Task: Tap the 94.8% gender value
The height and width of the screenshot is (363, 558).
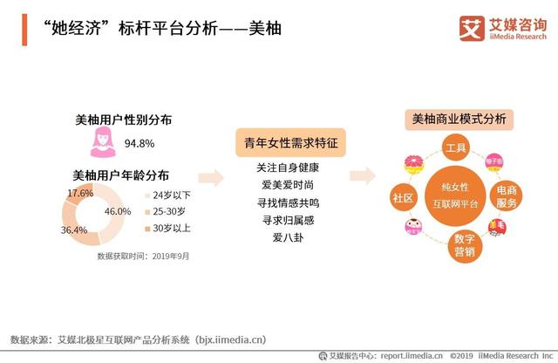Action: (x=139, y=143)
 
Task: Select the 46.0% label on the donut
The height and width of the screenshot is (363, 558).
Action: (x=118, y=212)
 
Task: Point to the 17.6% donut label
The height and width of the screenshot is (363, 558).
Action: (x=80, y=192)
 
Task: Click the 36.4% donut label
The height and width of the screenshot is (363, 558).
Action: (x=74, y=230)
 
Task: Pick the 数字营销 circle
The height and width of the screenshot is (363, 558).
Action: (x=464, y=245)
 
